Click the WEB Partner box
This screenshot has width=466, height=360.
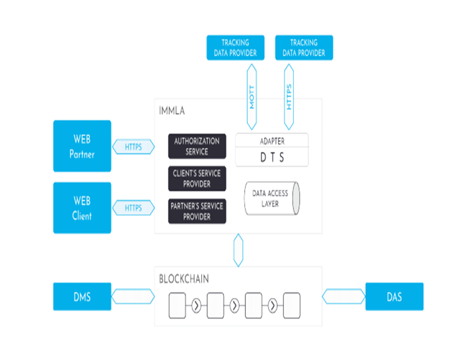tap(83, 146)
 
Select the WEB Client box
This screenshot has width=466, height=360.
tap(83, 207)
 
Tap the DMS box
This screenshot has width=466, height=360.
tap(83, 297)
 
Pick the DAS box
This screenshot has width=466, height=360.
tap(394, 297)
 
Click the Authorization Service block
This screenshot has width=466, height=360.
tap(197, 146)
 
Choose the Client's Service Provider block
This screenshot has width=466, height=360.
tap(197, 178)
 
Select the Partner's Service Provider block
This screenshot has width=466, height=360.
tap(197, 211)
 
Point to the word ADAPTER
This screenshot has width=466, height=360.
tap(272, 141)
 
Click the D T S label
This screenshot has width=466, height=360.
tap(272, 157)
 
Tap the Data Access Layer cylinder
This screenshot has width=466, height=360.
tap(272, 198)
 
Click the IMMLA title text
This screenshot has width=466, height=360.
tap(172, 111)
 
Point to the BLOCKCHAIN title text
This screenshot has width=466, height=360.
tap(184, 279)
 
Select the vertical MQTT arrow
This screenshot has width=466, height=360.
tap(251, 96)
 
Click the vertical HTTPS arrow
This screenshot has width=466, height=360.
tap(289, 96)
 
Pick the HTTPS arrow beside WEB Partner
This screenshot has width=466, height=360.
tap(133, 147)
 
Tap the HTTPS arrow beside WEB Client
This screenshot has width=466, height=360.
tap(133, 207)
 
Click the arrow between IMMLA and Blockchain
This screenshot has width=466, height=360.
tap(238, 250)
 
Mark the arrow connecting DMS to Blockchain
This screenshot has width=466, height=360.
tap(133, 297)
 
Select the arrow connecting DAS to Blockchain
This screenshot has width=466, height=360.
tap(344, 297)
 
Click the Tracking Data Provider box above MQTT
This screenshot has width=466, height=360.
tap(236, 48)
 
